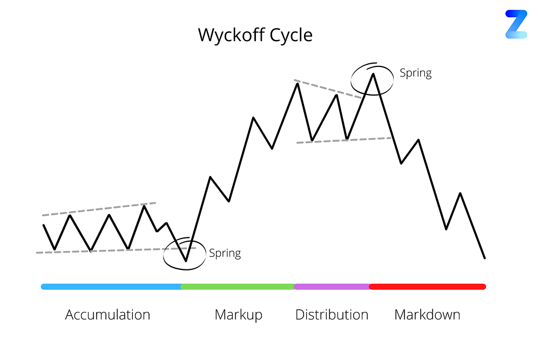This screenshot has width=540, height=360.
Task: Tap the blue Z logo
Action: (x=516, y=24)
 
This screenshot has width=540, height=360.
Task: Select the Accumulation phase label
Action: (x=107, y=315)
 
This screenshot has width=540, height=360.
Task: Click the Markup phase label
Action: (x=238, y=315)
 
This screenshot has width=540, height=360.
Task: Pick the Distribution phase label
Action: (x=332, y=315)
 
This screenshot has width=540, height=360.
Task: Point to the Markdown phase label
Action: (x=427, y=315)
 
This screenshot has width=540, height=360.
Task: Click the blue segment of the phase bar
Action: (x=111, y=287)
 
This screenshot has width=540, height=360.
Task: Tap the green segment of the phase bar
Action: (x=238, y=287)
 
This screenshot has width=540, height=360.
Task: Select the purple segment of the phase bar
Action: (x=332, y=287)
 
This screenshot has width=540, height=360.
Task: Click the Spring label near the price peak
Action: (x=415, y=73)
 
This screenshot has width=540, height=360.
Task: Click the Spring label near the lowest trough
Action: (x=225, y=253)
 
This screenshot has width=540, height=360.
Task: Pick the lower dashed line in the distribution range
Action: (x=343, y=140)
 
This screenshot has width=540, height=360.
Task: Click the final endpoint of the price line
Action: (x=485, y=258)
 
